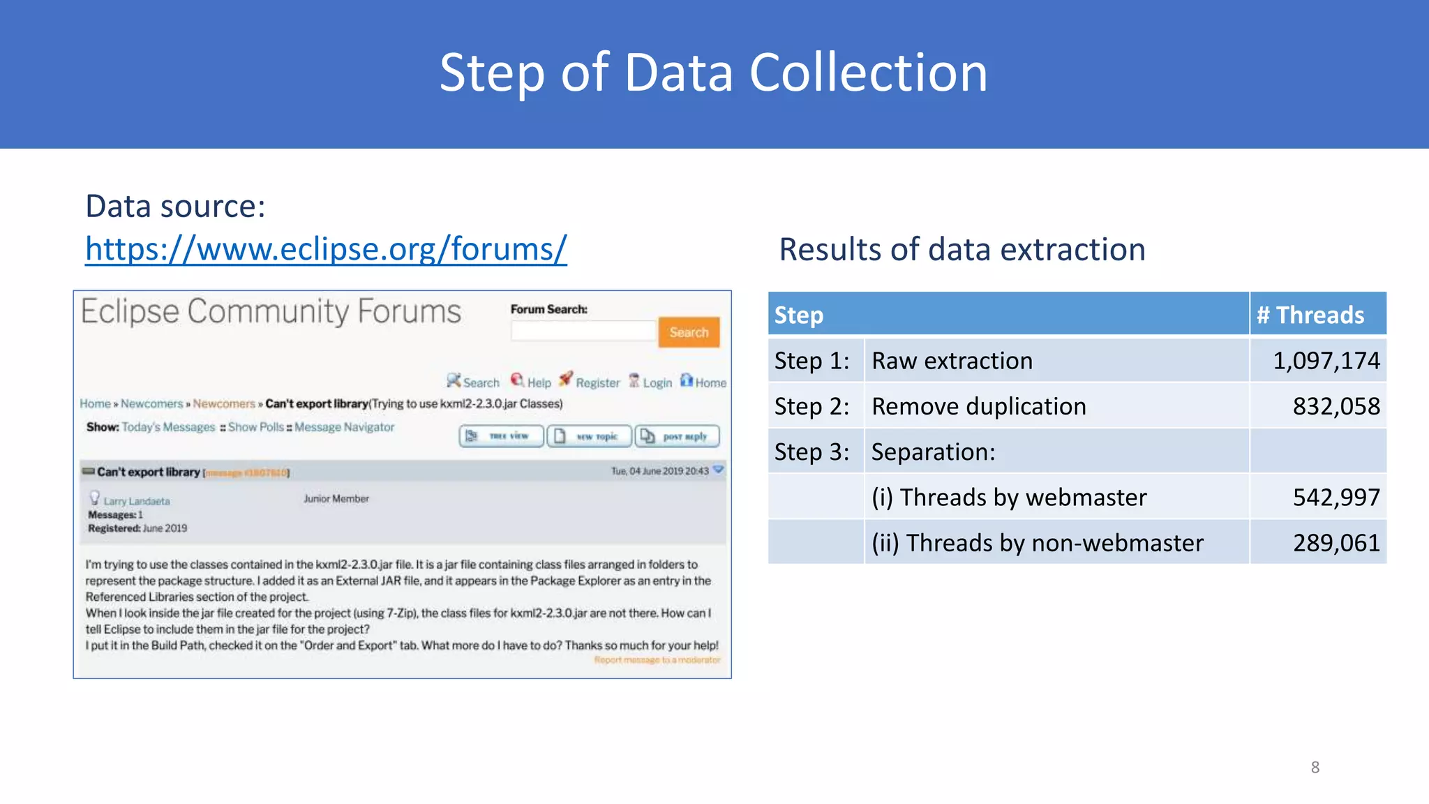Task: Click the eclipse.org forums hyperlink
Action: click(x=326, y=249)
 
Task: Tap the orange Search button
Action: click(x=689, y=332)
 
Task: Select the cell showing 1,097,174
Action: click(x=1326, y=361)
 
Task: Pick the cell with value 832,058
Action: click(x=1336, y=406)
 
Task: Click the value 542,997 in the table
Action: click(x=1336, y=498)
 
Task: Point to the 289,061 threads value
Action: click(x=1336, y=543)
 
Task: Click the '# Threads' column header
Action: click(x=1310, y=315)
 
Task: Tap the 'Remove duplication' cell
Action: click(x=978, y=406)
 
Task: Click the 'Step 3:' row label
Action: click(x=811, y=452)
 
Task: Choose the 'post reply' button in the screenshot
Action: click(x=677, y=436)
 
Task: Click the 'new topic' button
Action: click(x=589, y=436)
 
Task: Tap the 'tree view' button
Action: click(x=501, y=436)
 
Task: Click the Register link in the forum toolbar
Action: click(x=597, y=382)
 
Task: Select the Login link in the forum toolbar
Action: click(x=657, y=382)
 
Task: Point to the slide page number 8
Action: click(x=1315, y=768)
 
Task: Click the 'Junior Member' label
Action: click(x=336, y=499)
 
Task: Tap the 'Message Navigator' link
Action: click(x=344, y=427)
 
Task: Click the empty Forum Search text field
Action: click(x=583, y=332)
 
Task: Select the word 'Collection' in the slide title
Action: click(x=868, y=73)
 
